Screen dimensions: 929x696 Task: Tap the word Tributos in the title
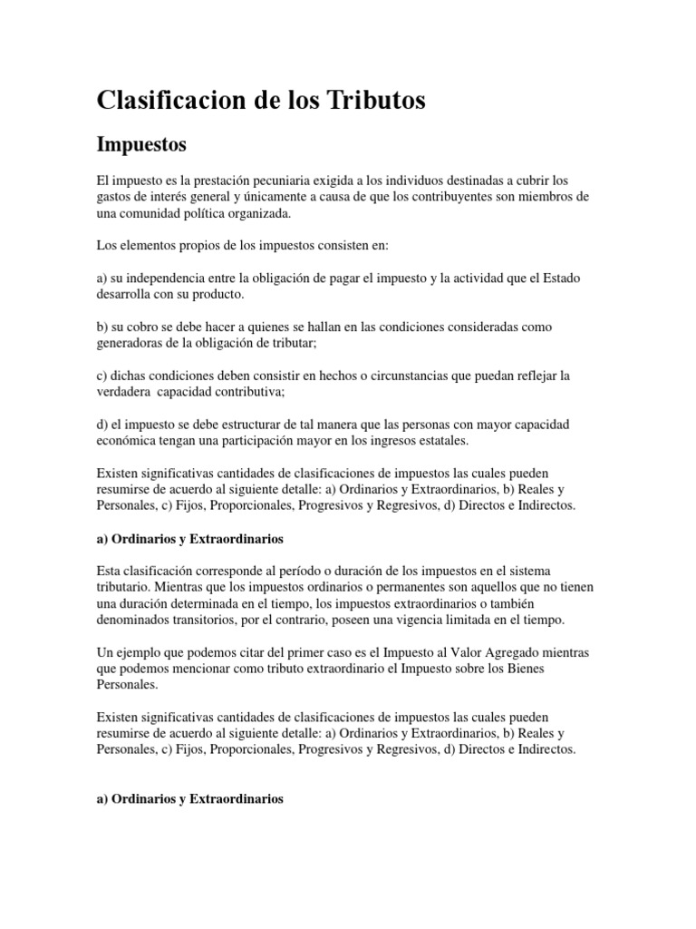(374, 101)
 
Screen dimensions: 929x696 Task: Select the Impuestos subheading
(141, 144)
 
